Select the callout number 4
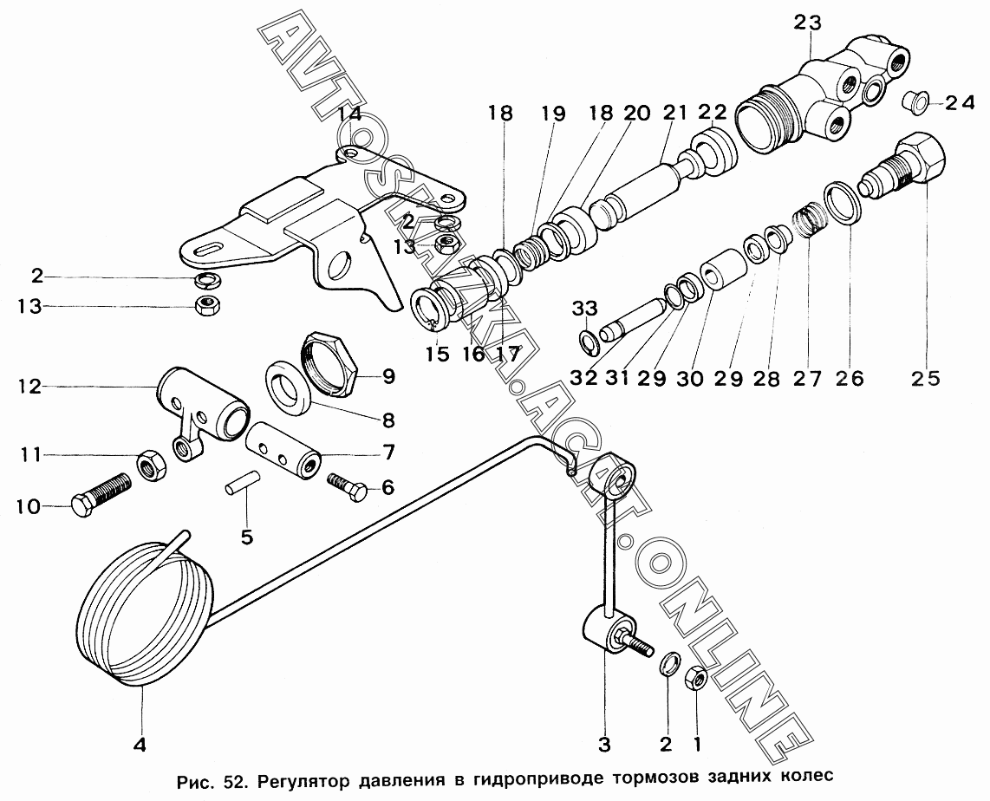tap(140, 743)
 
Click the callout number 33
tap(585, 308)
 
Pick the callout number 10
tap(28, 507)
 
